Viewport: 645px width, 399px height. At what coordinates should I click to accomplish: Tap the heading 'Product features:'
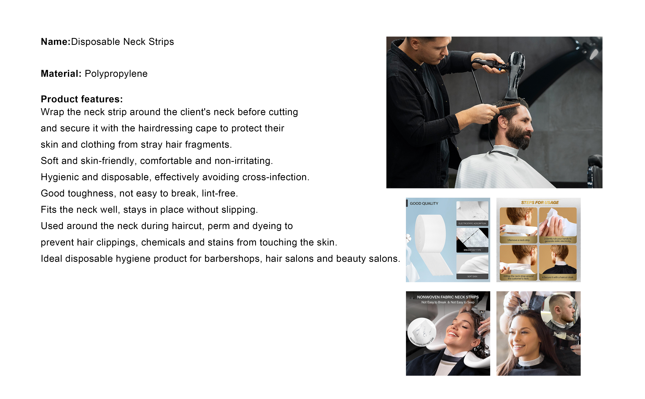click(x=82, y=99)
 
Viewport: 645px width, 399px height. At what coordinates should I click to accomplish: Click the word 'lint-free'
click(x=220, y=193)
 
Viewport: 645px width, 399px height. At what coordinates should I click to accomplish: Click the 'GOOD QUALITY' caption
click(x=424, y=203)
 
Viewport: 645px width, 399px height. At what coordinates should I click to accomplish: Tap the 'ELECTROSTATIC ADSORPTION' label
click(x=472, y=223)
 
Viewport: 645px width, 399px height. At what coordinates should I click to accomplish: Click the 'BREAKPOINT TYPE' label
click(x=472, y=250)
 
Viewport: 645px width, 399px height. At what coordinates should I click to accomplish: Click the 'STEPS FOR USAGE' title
click(x=540, y=203)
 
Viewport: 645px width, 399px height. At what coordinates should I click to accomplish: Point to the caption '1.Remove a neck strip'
click(x=518, y=240)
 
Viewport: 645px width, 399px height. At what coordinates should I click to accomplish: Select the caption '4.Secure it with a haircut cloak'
click(x=558, y=277)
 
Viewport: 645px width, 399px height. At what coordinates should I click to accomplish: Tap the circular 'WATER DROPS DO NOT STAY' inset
click(x=422, y=332)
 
